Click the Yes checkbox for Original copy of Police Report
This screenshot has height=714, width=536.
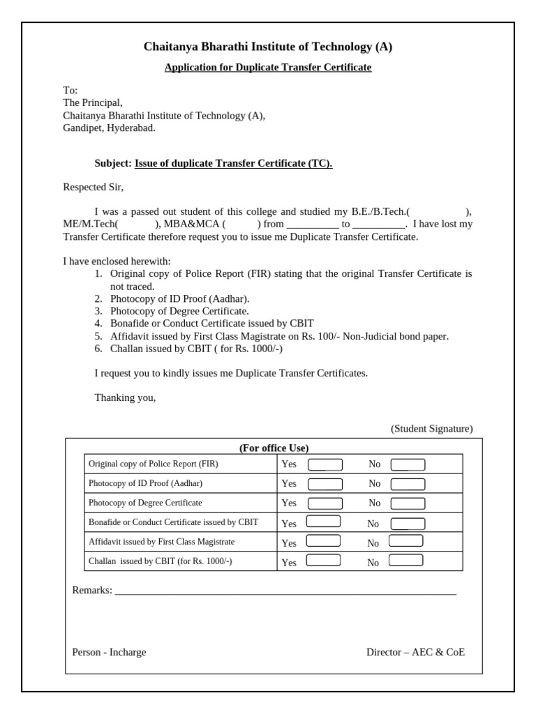pos(325,464)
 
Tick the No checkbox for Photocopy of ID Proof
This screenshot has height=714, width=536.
pos(408,484)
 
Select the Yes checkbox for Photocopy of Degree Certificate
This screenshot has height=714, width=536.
pos(325,503)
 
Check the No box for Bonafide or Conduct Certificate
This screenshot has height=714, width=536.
pos(408,524)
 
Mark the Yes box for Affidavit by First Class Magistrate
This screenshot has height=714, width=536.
pos(324,540)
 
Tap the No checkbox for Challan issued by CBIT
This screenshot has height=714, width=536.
pos(405,560)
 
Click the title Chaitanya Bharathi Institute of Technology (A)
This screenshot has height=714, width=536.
pos(268,47)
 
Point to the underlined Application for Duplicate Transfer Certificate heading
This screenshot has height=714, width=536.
pos(268,68)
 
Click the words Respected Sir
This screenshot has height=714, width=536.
pos(93,187)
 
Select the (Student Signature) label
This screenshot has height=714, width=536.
pos(431,429)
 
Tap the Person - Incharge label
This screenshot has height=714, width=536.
pos(109,653)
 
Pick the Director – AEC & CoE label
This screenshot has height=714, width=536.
pos(415,653)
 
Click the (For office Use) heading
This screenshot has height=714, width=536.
pos(274,448)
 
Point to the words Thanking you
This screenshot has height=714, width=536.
pos(125,398)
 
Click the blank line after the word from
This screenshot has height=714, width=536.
pos(312,225)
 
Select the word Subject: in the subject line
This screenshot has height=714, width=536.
pos(113,163)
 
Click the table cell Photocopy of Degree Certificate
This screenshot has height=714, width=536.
pos(145,503)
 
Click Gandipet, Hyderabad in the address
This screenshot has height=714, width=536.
pos(109,128)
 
